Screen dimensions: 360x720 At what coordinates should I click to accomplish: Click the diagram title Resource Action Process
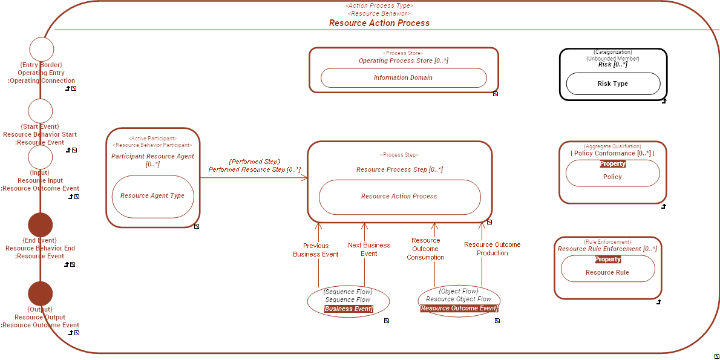[379, 23]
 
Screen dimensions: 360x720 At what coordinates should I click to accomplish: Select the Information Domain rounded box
[404, 77]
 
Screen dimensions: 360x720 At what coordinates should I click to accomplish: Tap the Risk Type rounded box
[612, 84]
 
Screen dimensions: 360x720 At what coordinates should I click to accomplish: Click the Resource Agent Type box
[152, 196]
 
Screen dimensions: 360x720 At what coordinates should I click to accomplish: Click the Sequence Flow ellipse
[348, 300]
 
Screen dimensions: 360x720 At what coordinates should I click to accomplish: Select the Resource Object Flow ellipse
[459, 299]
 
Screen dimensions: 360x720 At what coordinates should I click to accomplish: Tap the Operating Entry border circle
[42, 49]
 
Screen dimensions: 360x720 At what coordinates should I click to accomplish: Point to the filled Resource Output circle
[41, 293]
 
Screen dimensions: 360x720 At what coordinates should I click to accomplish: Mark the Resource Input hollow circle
[41, 157]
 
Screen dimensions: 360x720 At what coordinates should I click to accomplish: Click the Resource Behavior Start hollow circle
[41, 111]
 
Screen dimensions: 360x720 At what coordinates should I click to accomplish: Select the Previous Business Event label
[316, 250]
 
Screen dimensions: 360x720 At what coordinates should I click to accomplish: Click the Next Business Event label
[369, 249]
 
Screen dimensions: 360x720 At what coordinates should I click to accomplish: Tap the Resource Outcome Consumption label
[425, 249]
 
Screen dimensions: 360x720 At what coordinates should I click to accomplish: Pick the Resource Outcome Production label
[492, 249]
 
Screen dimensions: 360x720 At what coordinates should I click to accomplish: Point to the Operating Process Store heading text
[404, 61]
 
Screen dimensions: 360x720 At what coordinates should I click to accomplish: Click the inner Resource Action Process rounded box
[399, 197]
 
